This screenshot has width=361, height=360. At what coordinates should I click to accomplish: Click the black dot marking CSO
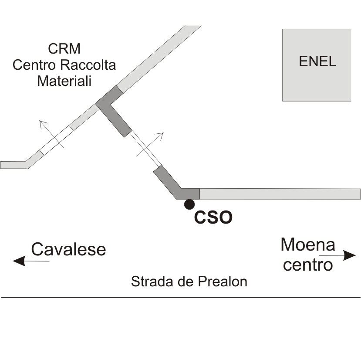click(x=189, y=204)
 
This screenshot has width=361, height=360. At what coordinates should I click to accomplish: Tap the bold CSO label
click(x=213, y=217)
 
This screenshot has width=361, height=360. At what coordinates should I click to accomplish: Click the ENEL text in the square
click(x=317, y=61)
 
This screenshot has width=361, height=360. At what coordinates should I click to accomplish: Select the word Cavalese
click(x=68, y=249)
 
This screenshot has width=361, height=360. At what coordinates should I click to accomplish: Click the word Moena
click(x=308, y=245)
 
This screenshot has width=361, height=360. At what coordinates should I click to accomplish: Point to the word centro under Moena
click(x=308, y=265)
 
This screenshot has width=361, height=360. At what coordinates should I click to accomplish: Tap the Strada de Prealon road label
click(x=189, y=281)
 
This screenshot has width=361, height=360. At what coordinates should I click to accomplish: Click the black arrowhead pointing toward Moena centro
click(x=350, y=255)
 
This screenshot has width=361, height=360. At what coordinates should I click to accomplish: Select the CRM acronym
click(x=64, y=49)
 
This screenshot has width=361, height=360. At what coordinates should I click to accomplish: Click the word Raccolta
click(x=88, y=65)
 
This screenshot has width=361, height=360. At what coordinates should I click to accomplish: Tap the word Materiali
click(x=64, y=81)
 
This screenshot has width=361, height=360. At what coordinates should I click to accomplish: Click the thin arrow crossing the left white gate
click(x=51, y=134)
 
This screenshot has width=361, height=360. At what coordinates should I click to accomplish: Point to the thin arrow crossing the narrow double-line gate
click(x=150, y=144)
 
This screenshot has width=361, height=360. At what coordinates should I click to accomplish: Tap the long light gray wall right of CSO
click(x=280, y=194)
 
